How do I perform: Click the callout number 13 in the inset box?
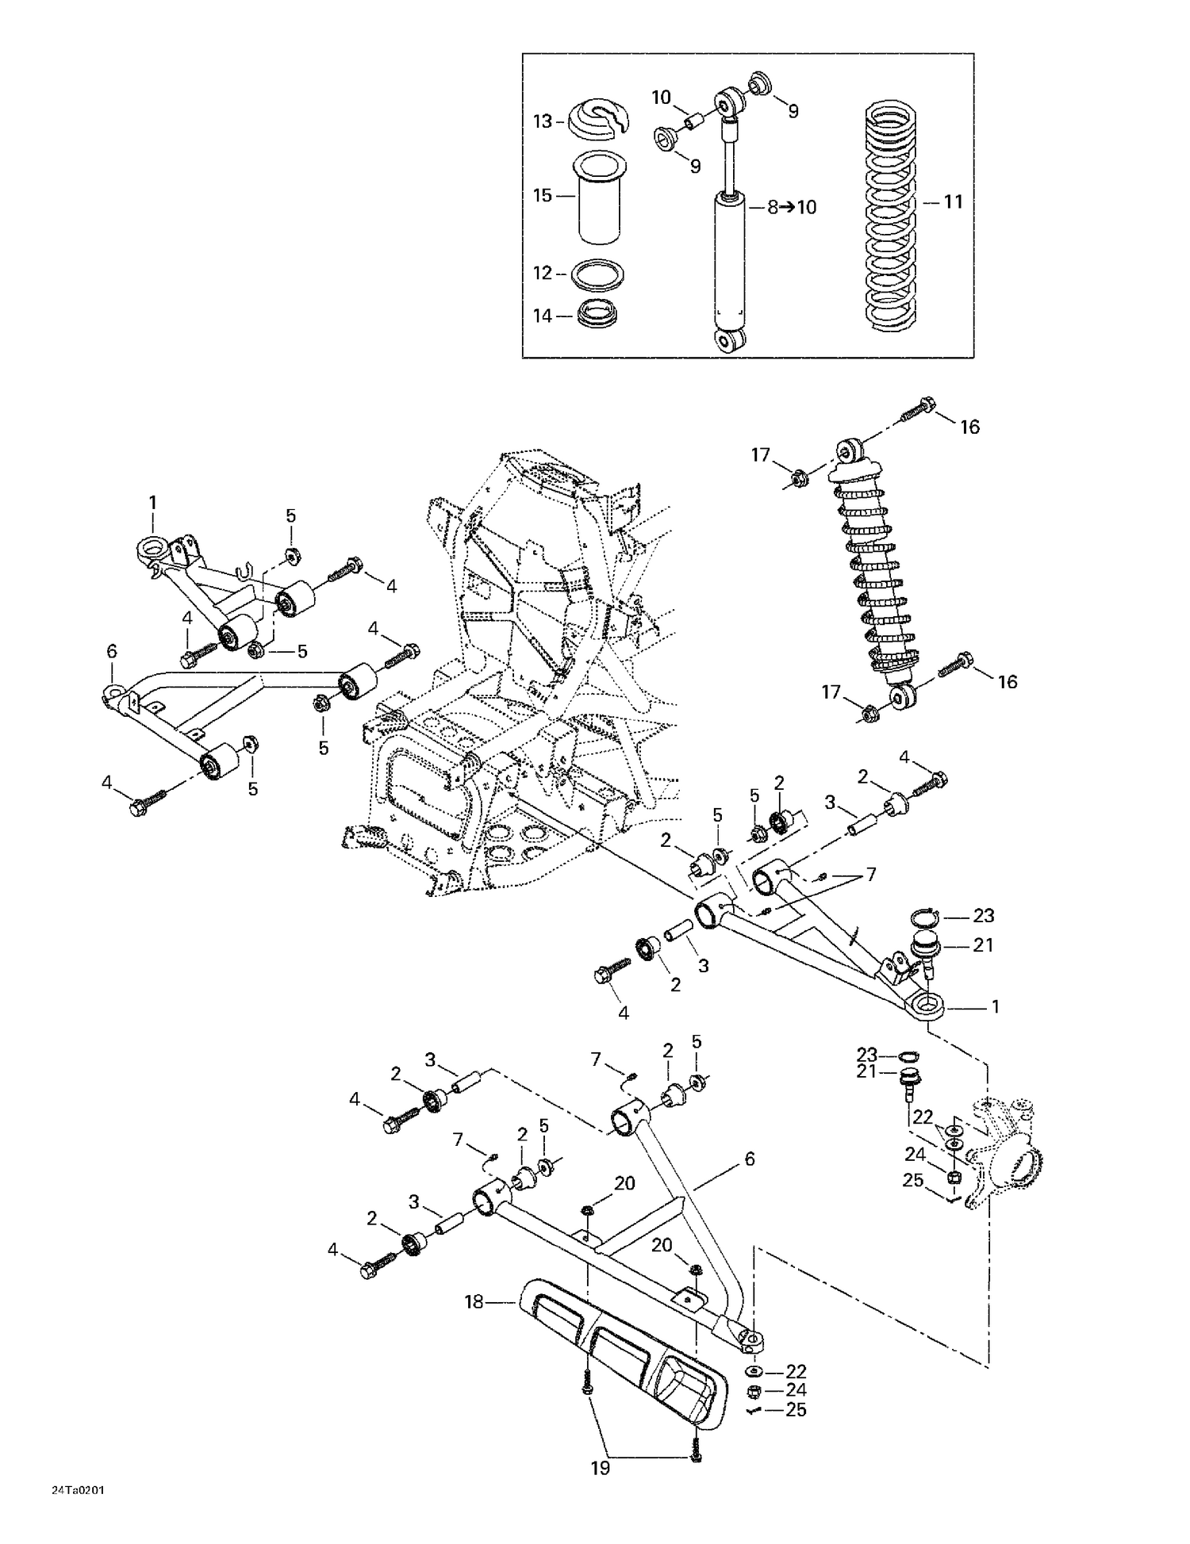pyautogui.click(x=542, y=121)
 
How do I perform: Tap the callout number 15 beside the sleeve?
pyautogui.click(x=542, y=195)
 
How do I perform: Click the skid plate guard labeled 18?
pyautogui.click(x=627, y=1362)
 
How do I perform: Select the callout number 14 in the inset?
pyautogui.click(x=542, y=316)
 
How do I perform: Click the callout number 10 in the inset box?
pyautogui.click(x=661, y=98)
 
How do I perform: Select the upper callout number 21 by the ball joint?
pyautogui.click(x=983, y=945)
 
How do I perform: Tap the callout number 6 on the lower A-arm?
pyautogui.click(x=749, y=1159)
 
